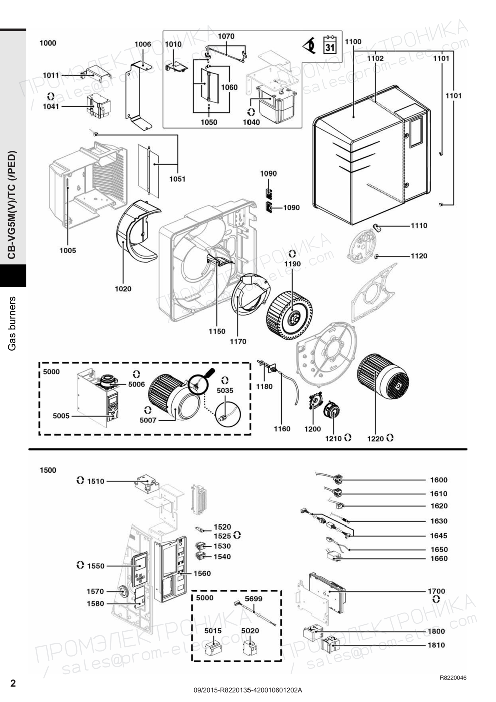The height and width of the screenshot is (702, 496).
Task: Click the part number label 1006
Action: (143, 44)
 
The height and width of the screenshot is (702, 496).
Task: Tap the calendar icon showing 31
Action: (330, 45)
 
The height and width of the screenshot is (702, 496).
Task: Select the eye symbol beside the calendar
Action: (310, 46)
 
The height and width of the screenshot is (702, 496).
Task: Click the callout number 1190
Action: (292, 264)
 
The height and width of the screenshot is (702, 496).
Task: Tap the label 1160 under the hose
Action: (282, 429)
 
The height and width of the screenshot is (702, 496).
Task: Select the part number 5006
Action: (136, 384)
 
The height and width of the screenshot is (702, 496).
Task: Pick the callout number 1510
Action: (96, 481)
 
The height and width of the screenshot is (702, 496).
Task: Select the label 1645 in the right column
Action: (439, 536)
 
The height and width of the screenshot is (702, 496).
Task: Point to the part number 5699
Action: (254, 599)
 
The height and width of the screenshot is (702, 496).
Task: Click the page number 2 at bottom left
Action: (13, 683)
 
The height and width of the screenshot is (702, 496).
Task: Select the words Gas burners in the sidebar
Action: (12, 323)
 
